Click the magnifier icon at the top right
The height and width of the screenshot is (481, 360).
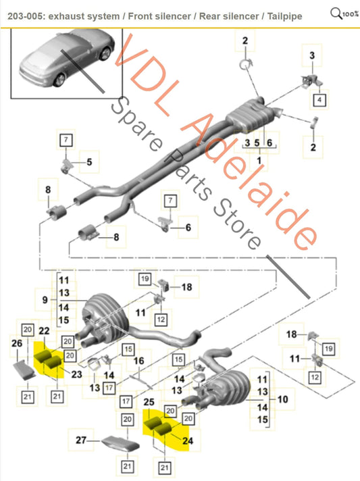(x=336, y=11)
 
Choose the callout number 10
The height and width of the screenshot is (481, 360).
(x=282, y=400)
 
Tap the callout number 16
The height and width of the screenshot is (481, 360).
(x=138, y=362)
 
